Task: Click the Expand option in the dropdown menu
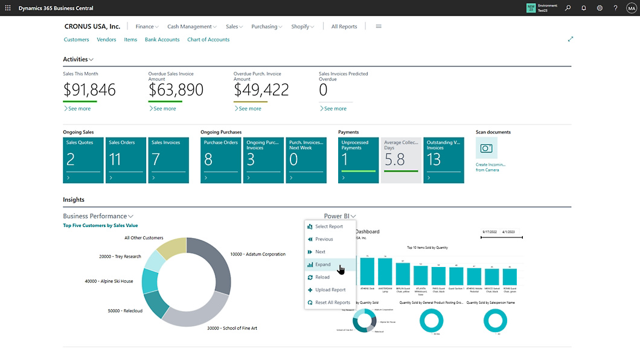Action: pyautogui.click(x=323, y=265)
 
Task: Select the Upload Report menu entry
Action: pyautogui.click(x=330, y=290)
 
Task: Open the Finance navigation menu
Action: pyautogui.click(x=147, y=27)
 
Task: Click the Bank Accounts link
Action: pyautogui.click(x=162, y=40)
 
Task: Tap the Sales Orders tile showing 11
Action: pyautogui.click(x=126, y=160)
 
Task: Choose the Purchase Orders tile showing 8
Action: pyautogui.click(x=220, y=160)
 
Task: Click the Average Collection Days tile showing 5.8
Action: pyautogui.click(x=401, y=160)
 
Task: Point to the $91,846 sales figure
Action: pyautogui.click(x=89, y=90)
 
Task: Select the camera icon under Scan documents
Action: pyautogui.click(x=486, y=148)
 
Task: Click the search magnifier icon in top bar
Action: pyautogui.click(x=568, y=8)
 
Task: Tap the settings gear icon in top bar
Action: pyautogui.click(x=600, y=8)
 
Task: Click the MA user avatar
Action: pyautogui.click(x=632, y=8)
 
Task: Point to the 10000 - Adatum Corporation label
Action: pyautogui.click(x=258, y=254)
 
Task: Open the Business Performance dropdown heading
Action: pyautogui.click(x=98, y=216)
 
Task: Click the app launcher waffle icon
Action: pyautogui.click(x=8, y=8)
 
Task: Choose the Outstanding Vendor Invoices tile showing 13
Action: pyautogui.click(x=443, y=160)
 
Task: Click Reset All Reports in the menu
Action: pyautogui.click(x=332, y=303)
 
